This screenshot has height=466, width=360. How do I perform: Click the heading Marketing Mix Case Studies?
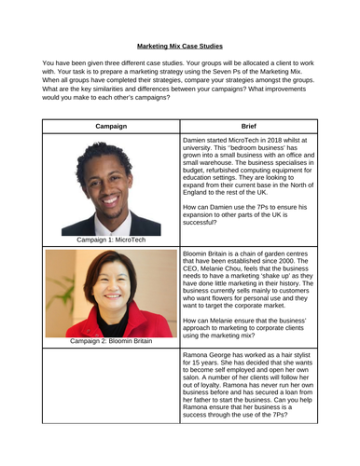180,45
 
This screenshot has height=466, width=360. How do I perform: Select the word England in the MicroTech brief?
202,199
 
